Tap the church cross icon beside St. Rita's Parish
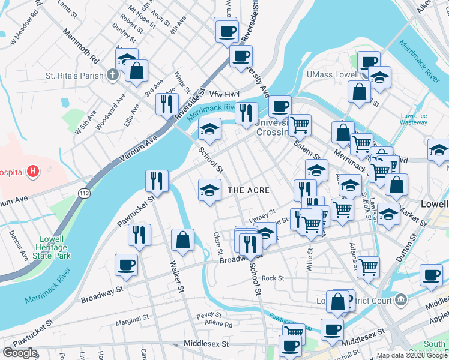[112, 76]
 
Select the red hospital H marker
[33, 172]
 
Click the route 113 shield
[82, 191]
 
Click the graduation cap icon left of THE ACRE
[209, 190]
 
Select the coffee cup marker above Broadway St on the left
[126, 265]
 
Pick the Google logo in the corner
[20, 352]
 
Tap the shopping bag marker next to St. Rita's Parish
[137, 70]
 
